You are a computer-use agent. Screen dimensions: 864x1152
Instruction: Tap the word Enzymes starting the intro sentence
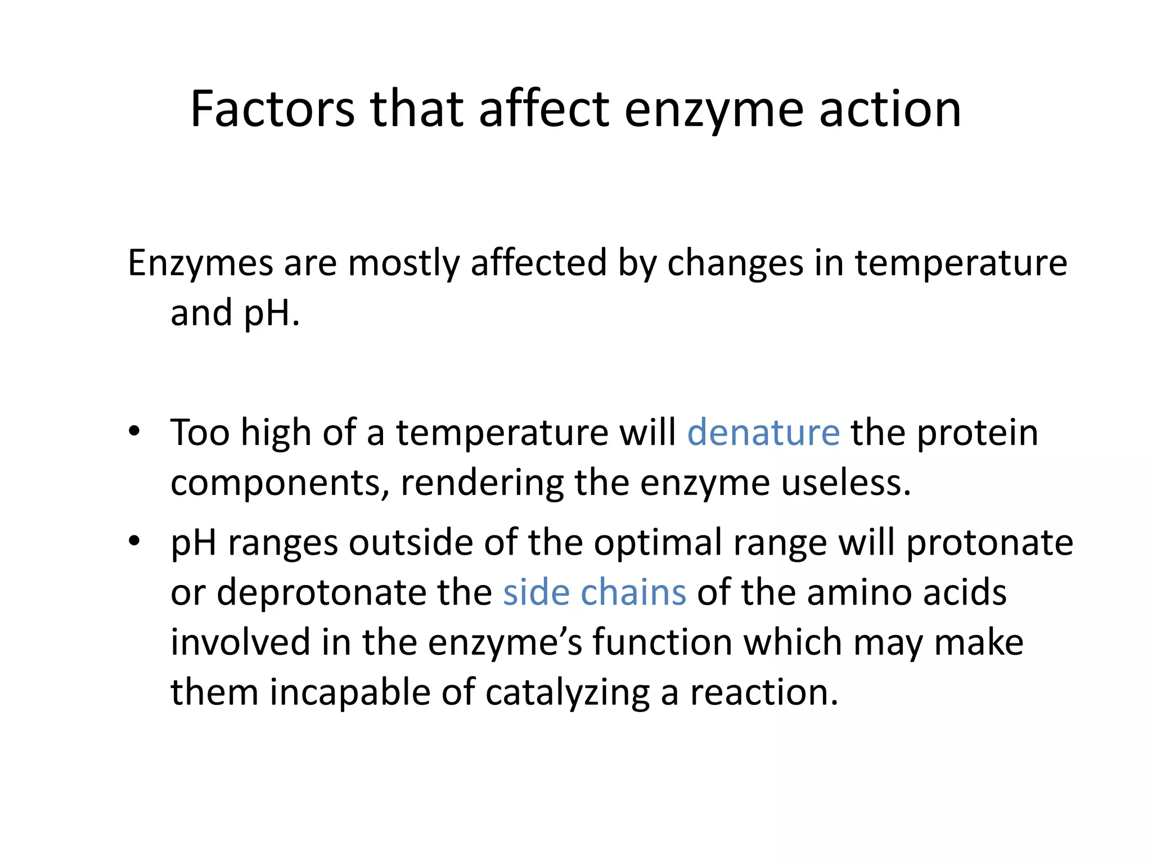(x=201, y=263)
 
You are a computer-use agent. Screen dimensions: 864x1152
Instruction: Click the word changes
(x=735, y=263)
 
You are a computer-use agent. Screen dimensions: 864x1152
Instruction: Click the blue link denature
(x=763, y=433)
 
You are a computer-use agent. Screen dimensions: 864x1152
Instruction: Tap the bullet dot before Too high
(x=134, y=432)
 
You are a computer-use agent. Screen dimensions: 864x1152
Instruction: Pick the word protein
(x=978, y=433)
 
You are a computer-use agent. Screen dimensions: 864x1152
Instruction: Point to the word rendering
(x=481, y=483)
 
